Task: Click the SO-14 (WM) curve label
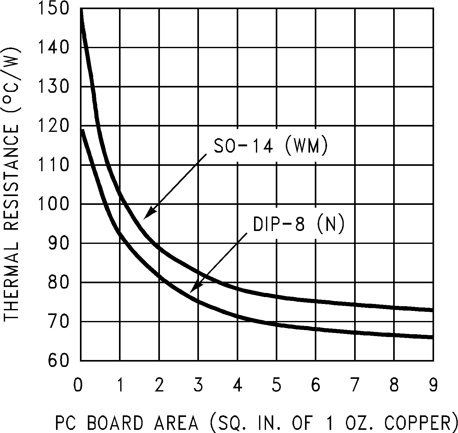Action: [271, 147]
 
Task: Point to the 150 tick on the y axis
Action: [54, 8]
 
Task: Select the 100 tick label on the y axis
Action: [54, 204]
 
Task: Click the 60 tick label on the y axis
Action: [58, 360]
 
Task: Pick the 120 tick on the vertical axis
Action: [54, 126]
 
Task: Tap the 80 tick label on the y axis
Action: [58, 282]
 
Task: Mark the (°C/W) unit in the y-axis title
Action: [11, 81]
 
